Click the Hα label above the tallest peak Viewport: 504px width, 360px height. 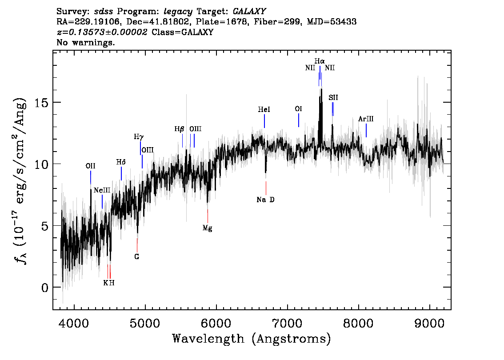click(319, 61)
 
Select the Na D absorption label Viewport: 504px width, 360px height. click(266, 200)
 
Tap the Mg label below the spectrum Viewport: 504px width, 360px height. click(207, 228)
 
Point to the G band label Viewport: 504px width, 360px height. click(137, 256)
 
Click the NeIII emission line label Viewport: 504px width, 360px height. click(102, 190)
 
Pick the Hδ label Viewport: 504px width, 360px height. click(121, 162)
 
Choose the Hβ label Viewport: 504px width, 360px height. click(179, 129)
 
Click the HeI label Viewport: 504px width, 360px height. click(264, 109)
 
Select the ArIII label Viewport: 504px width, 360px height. click(366, 119)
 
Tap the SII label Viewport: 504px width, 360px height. click(333, 97)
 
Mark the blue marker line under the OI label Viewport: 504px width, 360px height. click(299, 120)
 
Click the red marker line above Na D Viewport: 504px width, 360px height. click(266, 188)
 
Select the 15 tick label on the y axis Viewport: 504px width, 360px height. click(41, 103)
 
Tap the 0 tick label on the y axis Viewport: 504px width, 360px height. click(44, 287)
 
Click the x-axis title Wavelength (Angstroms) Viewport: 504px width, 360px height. click(252, 339)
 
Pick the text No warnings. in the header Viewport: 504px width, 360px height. click(86, 43)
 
